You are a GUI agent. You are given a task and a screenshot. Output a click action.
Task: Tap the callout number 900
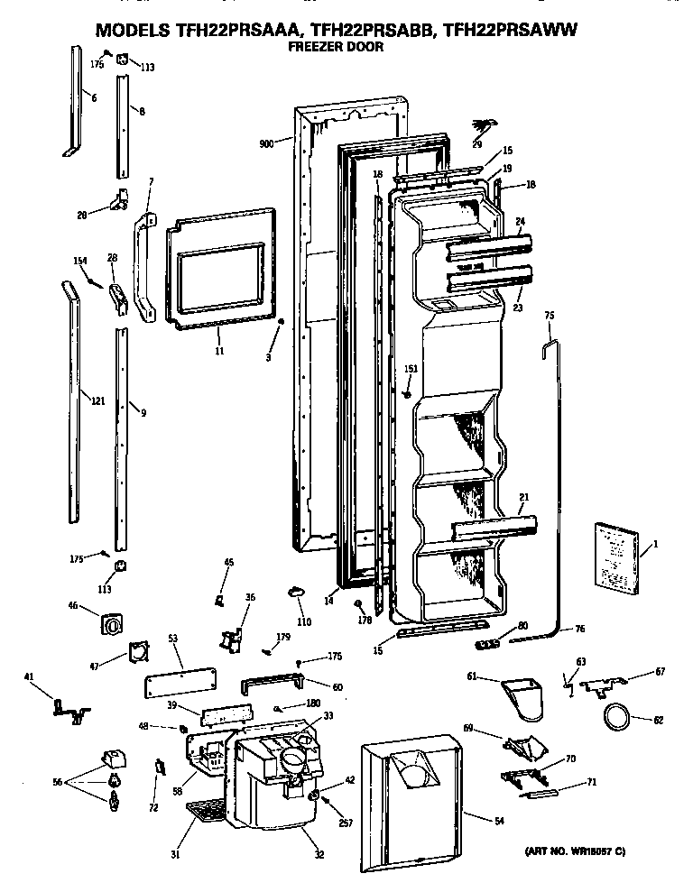click(265, 143)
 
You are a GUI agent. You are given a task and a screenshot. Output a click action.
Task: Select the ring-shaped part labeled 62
click(614, 718)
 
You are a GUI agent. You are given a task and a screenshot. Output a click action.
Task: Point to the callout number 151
click(411, 370)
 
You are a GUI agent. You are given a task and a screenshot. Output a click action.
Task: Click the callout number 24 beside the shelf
click(520, 221)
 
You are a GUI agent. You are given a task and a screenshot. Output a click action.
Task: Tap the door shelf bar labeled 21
click(493, 529)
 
